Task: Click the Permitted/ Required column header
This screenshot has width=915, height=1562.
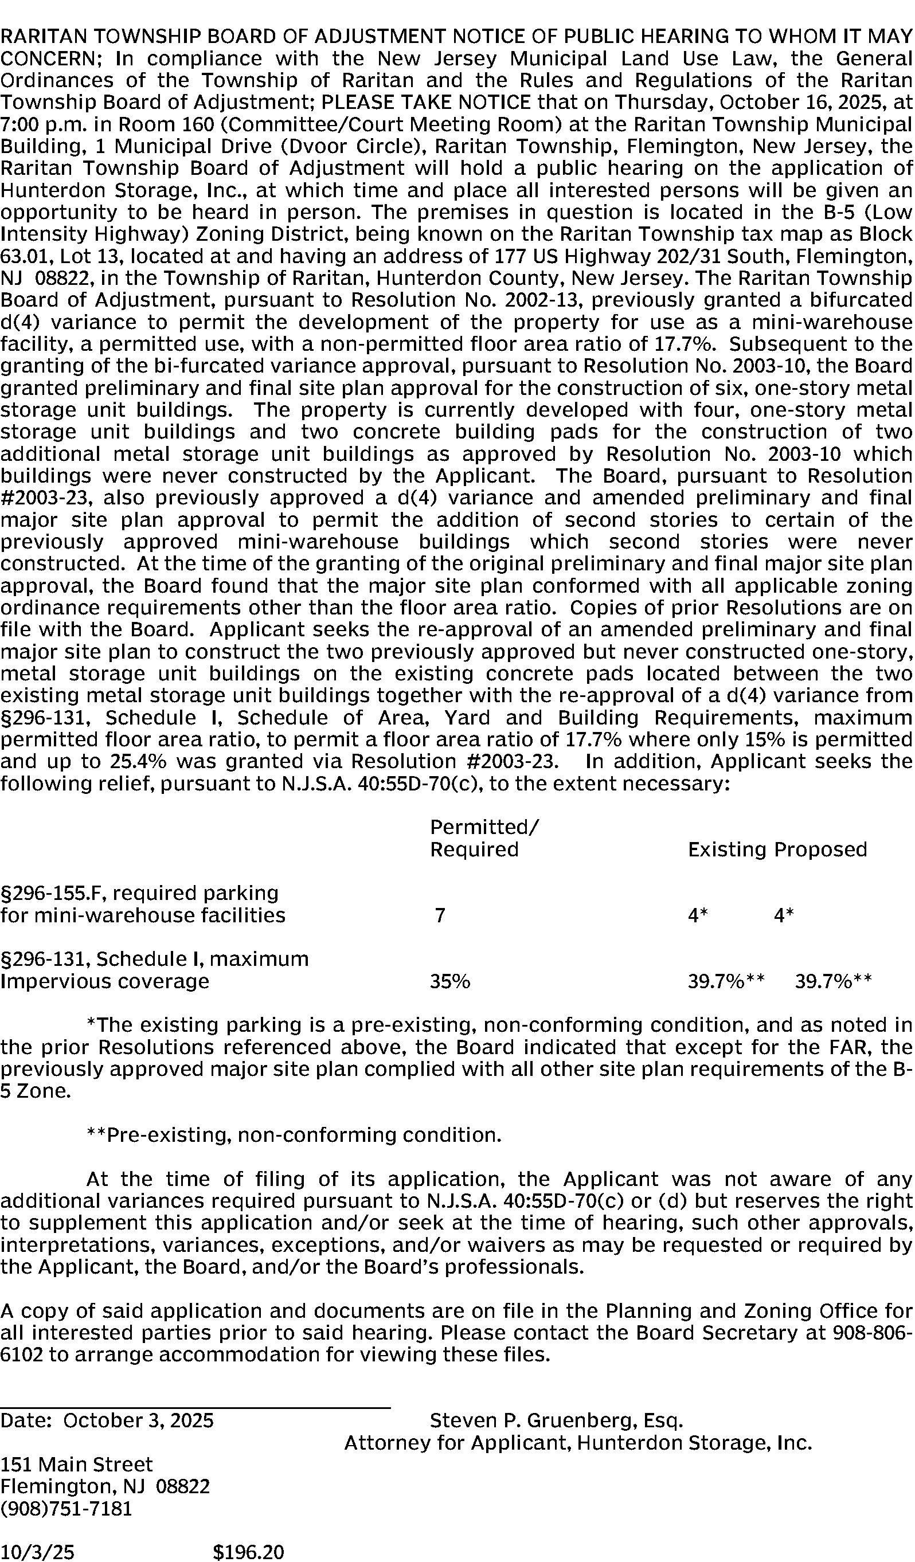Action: coord(484,838)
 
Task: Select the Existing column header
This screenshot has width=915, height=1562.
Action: coord(726,849)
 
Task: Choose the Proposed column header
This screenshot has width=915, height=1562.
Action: coord(821,849)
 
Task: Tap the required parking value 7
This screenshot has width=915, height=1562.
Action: coord(440,915)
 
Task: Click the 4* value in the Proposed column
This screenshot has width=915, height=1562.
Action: coord(784,915)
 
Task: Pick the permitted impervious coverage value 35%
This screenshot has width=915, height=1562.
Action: coord(450,981)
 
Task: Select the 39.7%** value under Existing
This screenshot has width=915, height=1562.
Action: coord(726,981)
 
